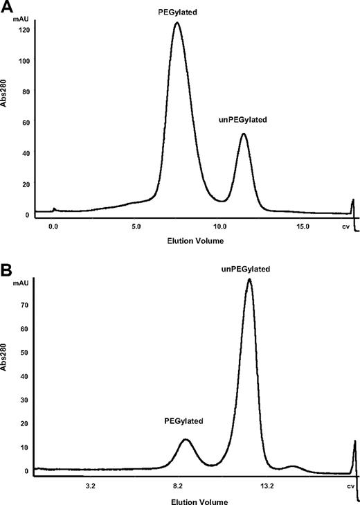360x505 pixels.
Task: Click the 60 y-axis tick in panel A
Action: [24, 123]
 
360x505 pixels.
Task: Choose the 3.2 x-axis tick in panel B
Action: [89, 487]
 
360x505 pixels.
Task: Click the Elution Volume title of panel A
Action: [179, 240]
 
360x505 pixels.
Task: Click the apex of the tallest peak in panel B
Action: [249, 279]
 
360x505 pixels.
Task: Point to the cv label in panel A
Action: [346, 227]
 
